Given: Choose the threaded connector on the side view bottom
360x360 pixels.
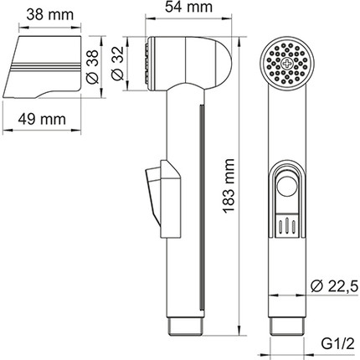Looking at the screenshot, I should coord(188,324).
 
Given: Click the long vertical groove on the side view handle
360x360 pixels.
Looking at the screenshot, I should coord(201,209).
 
